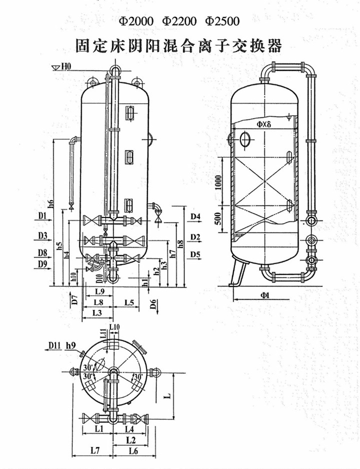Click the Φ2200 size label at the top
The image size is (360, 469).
tap(180, 21)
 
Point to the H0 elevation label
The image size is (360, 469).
tap(66, 66)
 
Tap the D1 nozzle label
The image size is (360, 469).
tap(43, 216)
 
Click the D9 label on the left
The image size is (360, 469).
tap(42, 264)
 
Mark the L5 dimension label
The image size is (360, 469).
tap(128, 303)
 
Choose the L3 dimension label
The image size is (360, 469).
tap(97, 313)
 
